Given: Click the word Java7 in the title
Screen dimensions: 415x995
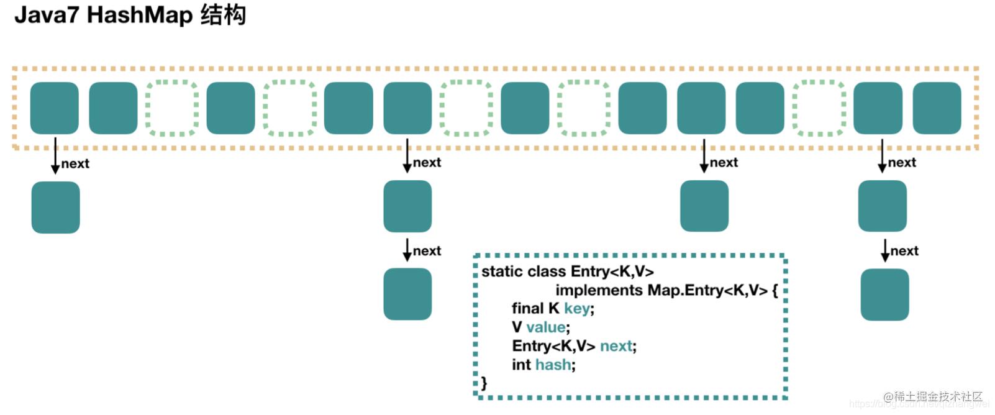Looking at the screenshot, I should [x=47, y=15].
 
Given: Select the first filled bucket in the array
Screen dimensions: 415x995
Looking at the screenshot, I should [x=55, y=108].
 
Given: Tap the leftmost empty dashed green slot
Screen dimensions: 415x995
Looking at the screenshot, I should [x=172, y=108].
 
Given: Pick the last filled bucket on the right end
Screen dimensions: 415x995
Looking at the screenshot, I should [x=937, y=108].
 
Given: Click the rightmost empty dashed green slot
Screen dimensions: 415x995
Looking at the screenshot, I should [x=819, y=108].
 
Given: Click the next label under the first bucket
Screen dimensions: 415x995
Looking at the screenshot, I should [x=75, y=164].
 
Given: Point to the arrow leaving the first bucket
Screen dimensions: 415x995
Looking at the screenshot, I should [x=55, y=155].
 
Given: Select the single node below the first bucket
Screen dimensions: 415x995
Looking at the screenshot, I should [x=55, y=207].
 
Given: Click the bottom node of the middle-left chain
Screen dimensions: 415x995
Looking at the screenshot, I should [x=407, y=294].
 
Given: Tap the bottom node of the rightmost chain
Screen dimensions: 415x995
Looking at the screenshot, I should [x=884, y=294].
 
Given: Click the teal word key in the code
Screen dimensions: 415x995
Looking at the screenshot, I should [x=577, y=309].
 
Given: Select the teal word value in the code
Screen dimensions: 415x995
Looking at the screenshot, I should [x=546, y=327].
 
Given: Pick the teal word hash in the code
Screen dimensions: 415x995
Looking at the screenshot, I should [x=553, y=365].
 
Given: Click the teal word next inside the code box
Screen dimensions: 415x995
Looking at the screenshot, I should [x=616, y=346].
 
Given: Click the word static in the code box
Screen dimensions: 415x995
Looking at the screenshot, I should [x=501, y=271].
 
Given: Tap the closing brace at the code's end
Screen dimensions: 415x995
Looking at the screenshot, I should [x=484, y=383].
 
